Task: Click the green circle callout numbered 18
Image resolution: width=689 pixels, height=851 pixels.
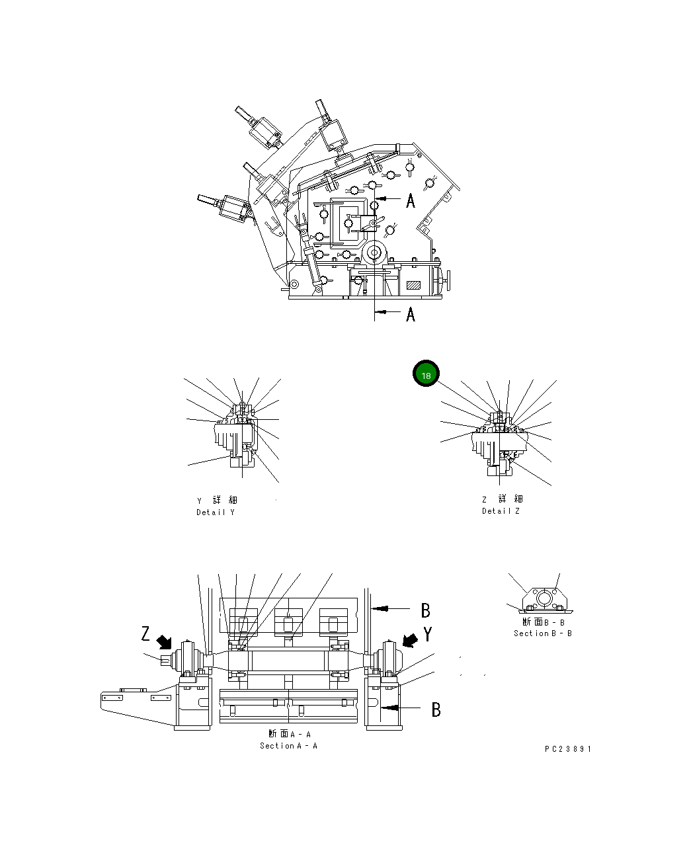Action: [x=426, y=375]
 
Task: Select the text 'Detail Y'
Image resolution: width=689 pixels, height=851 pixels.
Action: [x=215, y=512]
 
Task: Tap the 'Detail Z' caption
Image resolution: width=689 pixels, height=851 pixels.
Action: [x=501, y=511]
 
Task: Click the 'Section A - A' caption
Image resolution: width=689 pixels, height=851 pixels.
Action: [x=288, y=746]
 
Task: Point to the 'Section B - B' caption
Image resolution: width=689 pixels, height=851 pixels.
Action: [x=543, y=633]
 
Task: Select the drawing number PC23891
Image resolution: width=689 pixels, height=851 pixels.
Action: [x=568, y=749]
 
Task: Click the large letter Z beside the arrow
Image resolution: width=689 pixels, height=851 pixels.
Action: [x=146, y=634]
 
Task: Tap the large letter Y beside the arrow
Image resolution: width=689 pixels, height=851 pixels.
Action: [x=428, y=635]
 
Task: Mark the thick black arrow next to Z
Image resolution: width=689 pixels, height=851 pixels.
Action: [x=164, y=641]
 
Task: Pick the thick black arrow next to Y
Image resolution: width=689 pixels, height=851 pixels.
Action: [x=410, y=639]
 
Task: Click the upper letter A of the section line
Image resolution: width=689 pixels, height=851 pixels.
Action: [x=411, y=200]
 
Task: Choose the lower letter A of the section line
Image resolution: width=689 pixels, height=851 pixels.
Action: [x=411, y=314]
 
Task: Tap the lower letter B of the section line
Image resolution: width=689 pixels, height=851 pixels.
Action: [x=436, y=709]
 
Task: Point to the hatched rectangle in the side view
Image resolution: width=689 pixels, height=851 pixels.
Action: [x=414, y=286]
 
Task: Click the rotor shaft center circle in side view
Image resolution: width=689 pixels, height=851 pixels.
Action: [x=375, y=252]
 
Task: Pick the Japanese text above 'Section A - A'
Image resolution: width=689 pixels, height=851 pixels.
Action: [x=289, y=734]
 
